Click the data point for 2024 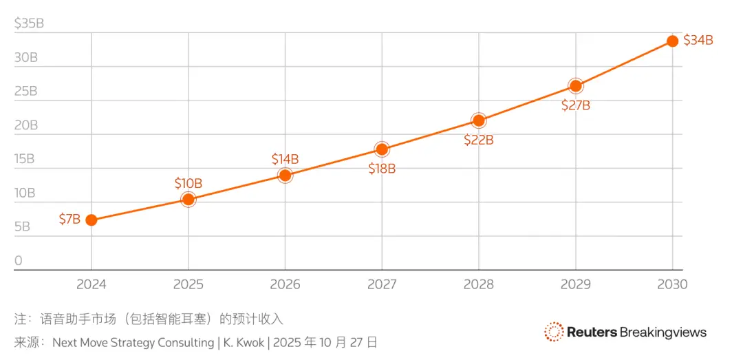pyautogui.click(x=91, y=220)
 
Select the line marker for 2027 pyautogui.click(x=382, y=149)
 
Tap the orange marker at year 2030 pyautogui.click(x=672, y=41)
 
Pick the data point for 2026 pyautogui.click(x=285, y=176)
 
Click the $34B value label pyautogui.click(x=698, y=40)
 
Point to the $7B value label pyautogui.click(x=69, y=220)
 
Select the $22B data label pyautogui.click(x=479, y=140)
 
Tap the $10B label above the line pyautogui.click(x=188, y=183)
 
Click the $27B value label pyautogui.click(x=575, y=105)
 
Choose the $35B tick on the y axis pyautogui.click(x=29, y=23)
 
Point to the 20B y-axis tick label pyautogui.click(x=26, y=125)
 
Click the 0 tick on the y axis pyautogui.click(x=19, y=260)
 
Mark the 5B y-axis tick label pyautogui.click(x=22, y=226)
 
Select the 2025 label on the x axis pyautogui.click(x=188, y=284)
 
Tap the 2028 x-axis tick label pyautogui.click(x=479, y=284)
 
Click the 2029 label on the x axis pyautogui.click(x=575, y=284)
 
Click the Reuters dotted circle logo pyautogui.click(x=554, y=332)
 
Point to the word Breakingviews pyautogui.click(x=663, y=332)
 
